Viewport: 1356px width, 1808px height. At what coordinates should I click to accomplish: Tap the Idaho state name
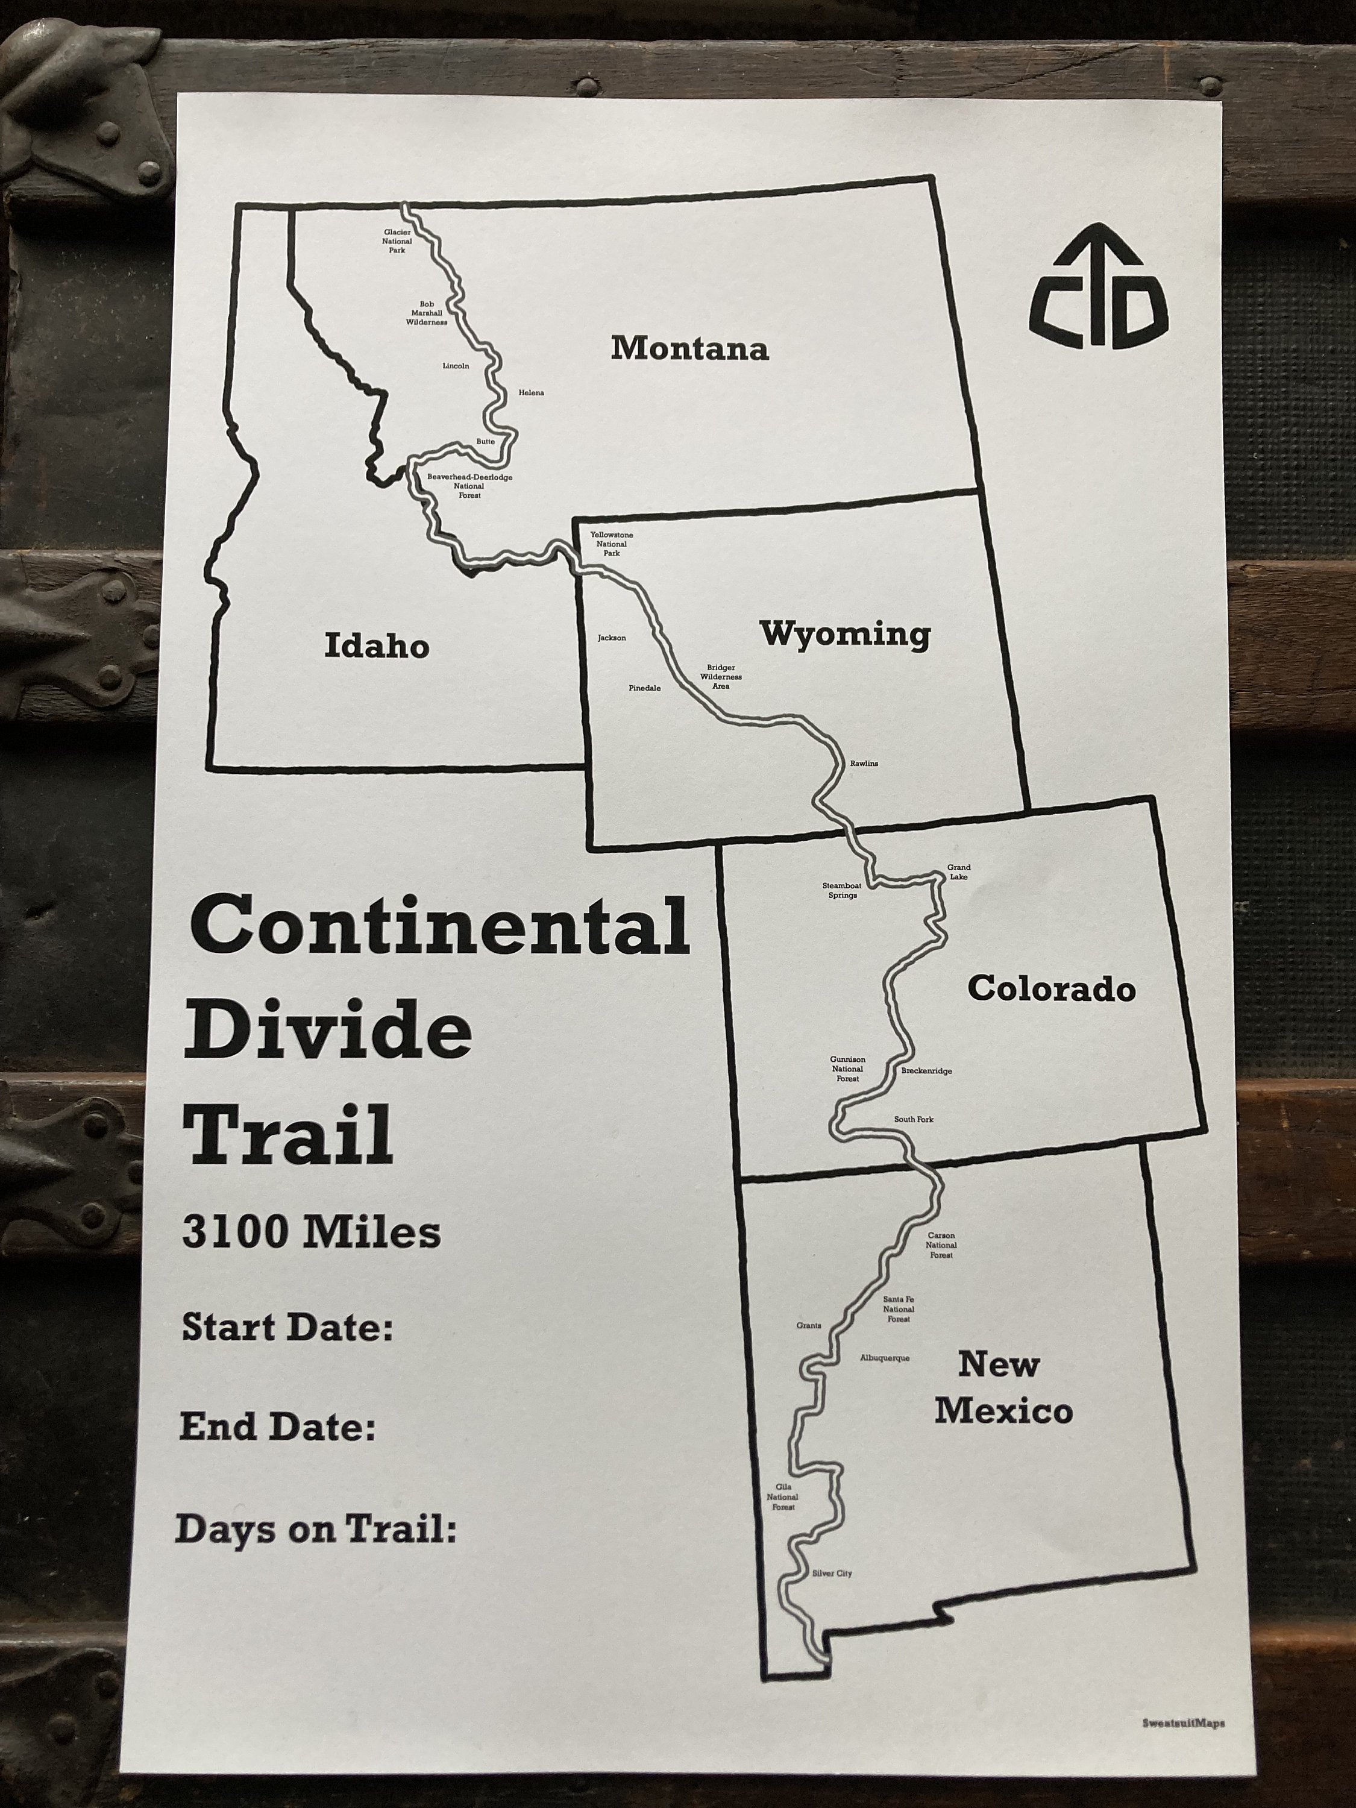[377, 645]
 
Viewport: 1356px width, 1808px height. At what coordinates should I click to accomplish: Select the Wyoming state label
[845, 634]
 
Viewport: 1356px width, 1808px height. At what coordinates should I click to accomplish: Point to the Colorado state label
[1051, 989]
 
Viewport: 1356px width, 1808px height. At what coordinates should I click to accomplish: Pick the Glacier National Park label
[397, 241]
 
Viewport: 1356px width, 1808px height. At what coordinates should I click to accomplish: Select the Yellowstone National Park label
[611, 544]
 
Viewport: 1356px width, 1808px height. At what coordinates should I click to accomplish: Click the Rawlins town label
[864, 764]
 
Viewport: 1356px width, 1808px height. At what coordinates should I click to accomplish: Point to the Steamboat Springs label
[842, 890]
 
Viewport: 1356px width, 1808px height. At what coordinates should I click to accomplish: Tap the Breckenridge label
[926, 1071]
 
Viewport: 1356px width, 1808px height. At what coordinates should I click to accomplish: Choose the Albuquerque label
[884, 1358]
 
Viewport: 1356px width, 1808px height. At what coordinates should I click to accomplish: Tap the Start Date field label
[287, 1328]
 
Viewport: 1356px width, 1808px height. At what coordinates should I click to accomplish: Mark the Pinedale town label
[644, 688]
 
